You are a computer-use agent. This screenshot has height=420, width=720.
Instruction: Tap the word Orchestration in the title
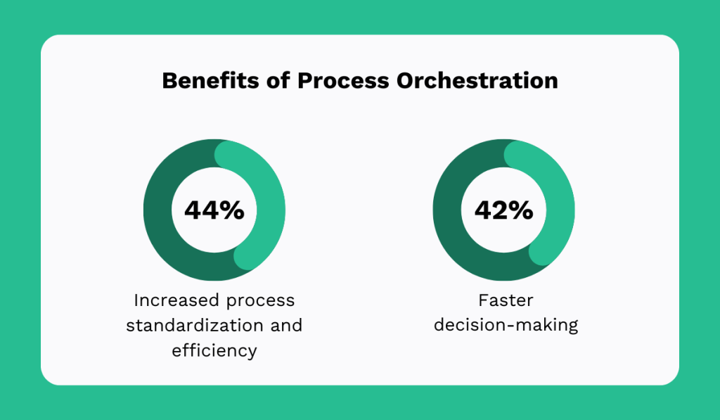pyautogui.click(x=477, y=80)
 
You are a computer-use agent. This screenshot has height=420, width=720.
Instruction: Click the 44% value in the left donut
pyautogui.click(x=214, y=210)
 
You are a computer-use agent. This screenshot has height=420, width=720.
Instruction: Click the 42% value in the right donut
pyautogui.click(x=503, y=210)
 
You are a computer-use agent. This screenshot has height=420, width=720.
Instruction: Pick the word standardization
pyautogui.click(x=195, y=325)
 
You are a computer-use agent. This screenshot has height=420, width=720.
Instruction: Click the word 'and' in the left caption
pyautogui.click(x=287, y=325)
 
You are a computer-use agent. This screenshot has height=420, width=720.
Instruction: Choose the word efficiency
pyautogui.click(x=214, y=350)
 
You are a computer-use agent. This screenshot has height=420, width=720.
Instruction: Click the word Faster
pyautogui.click(x=506, y=300)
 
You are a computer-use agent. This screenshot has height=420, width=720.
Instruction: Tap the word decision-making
pyautogui.click(x=506, y=325)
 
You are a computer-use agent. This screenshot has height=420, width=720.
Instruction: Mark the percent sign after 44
pyautogui.click(x=232, y=210)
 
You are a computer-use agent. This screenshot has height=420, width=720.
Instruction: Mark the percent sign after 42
pyautogui.click(x=521, y=210)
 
